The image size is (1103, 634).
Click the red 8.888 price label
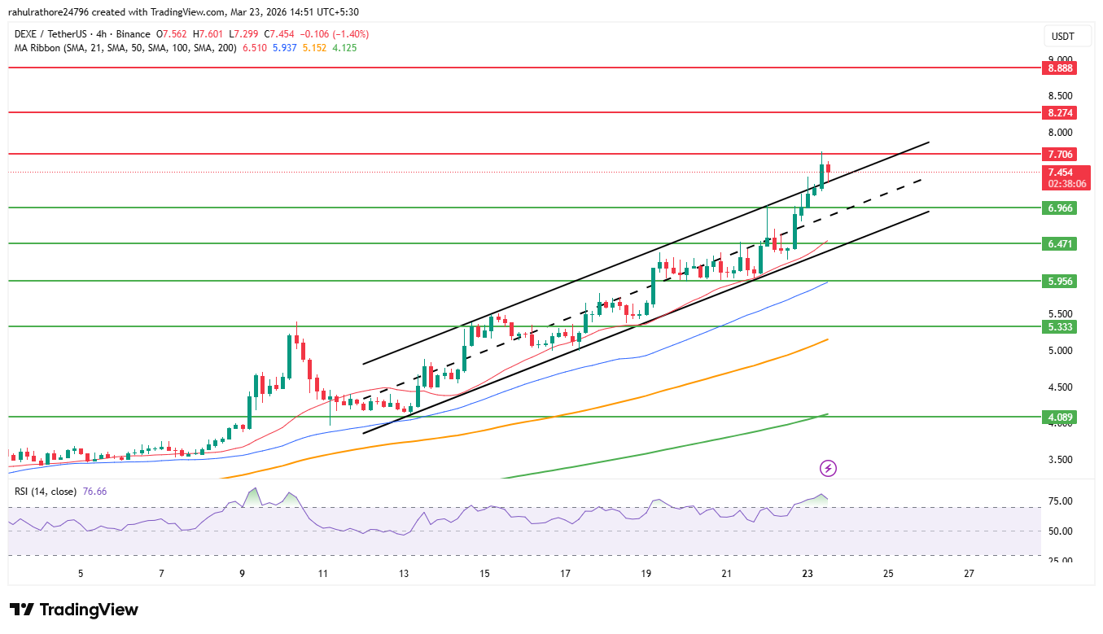point(1060,68)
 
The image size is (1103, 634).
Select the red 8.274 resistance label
point(1060,112)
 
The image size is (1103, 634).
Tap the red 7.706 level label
point(1060,154)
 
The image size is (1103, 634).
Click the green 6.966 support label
point(1060,208)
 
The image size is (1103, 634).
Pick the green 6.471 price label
point(1060,243)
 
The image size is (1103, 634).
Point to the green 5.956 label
point(1060,281)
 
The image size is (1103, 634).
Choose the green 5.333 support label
point(1060,326)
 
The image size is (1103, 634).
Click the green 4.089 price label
point(1060,417)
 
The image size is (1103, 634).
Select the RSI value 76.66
point(94,492)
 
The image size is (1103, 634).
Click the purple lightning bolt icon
point(828,468)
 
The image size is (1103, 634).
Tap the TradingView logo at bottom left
point(74,610)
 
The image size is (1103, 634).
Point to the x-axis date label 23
point(806,574)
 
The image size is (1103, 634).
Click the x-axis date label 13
point(404,574)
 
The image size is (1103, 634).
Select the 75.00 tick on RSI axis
point(1060,501)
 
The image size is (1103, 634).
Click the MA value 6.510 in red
point(256,48)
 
